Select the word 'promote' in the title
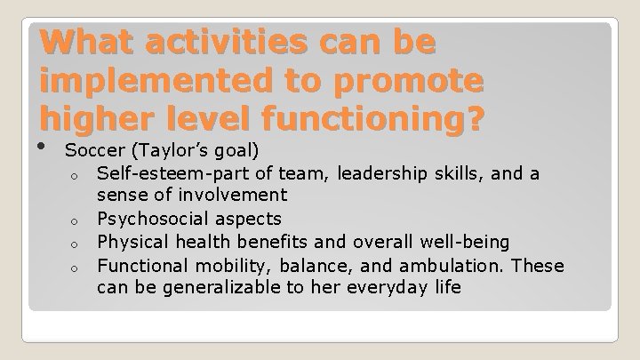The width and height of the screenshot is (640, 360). (x=412, y=82)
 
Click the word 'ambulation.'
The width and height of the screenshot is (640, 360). (x=456, y=265)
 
